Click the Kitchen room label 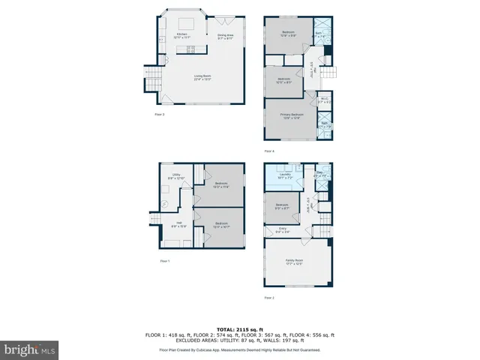(x=181, y=35)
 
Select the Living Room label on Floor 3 (x=202, y=76)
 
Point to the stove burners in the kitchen (x=190, y=50)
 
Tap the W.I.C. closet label (x=325, y=98)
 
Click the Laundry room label (x=285, y=176)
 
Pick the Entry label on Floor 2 (x=283, y=230)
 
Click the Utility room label (x=176, y=176)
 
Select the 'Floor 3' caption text (x=159, y=114)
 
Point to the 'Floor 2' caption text (x=269, y=298)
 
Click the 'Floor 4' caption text (x=269, y=151)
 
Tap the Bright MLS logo (x=30, y=349)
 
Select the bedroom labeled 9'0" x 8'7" (x=282, y=205)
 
